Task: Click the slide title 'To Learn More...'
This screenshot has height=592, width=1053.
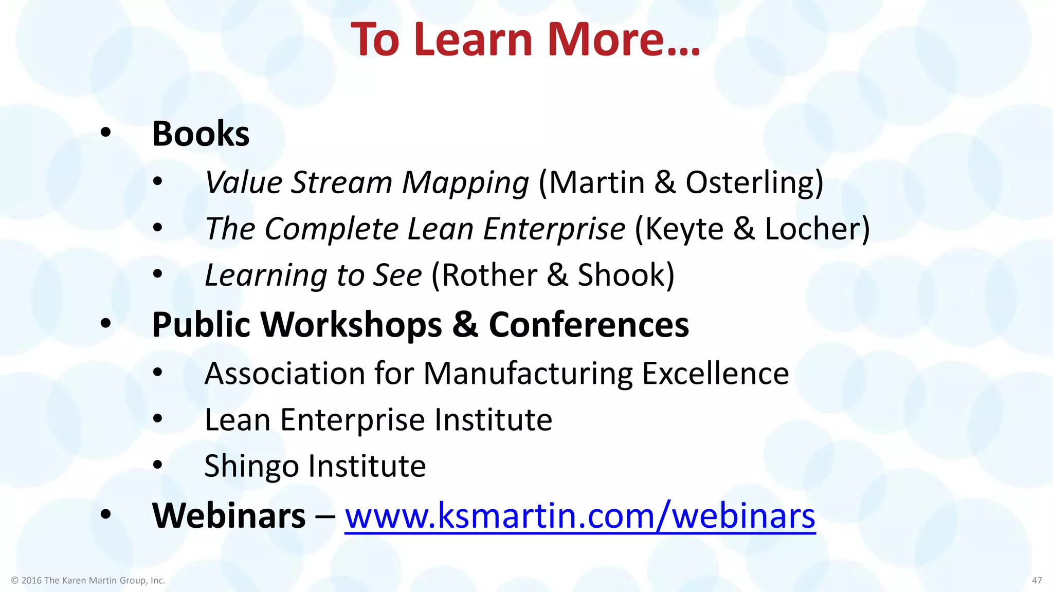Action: pos(525,40)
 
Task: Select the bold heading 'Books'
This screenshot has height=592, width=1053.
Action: pos(201,134)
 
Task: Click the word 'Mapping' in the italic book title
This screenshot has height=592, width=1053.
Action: pos(465,183)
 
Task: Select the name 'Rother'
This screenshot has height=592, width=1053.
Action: pos(488,275)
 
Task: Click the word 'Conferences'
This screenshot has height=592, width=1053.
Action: pos(589,325)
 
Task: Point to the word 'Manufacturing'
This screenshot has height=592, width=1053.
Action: pos(528,374)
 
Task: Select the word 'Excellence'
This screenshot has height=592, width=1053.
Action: pos(715,373)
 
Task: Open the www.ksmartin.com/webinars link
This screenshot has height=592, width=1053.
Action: pos(579,515)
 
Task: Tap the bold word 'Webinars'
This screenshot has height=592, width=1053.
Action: pos(229,515)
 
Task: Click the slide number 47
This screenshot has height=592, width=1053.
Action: pos(1037,580)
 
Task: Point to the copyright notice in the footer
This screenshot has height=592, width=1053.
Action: pos(88,580)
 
